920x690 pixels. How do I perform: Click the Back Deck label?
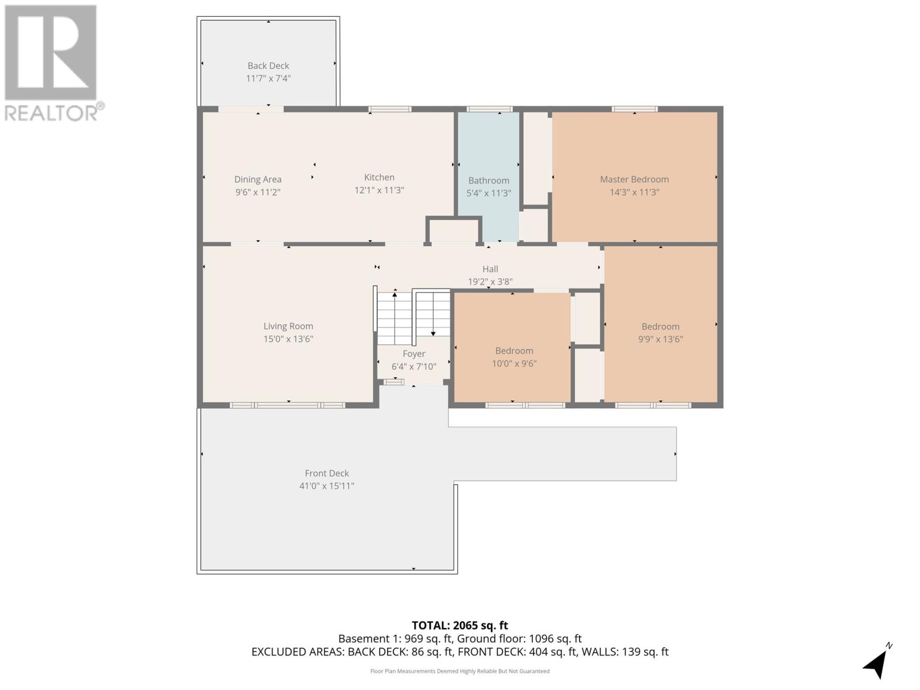coord(269,66)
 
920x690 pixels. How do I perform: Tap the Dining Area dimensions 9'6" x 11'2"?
coord(258,192)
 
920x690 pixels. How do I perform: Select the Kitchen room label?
coord(379,177)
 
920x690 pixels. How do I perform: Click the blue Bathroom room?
coord(489,176)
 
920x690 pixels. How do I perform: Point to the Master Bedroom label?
coord(634,179)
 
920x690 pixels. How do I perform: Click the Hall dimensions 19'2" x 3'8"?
coord(490,282)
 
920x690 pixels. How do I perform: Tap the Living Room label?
coord(289,326)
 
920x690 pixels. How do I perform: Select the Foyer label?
coord(413,354)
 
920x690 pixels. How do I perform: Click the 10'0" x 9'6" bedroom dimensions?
coord(514,363)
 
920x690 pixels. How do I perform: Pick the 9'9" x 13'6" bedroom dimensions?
coord(660,339)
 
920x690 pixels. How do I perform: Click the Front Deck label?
coord(327,473)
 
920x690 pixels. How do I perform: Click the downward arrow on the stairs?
coord(433,314)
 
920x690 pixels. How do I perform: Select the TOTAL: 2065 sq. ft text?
coord(460,626)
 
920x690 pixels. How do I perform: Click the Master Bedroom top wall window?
coord(634,109)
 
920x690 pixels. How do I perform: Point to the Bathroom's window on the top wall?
coord(489,109)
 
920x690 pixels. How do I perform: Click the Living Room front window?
coord(287,405)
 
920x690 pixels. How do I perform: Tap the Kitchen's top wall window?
coord(390,109)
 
